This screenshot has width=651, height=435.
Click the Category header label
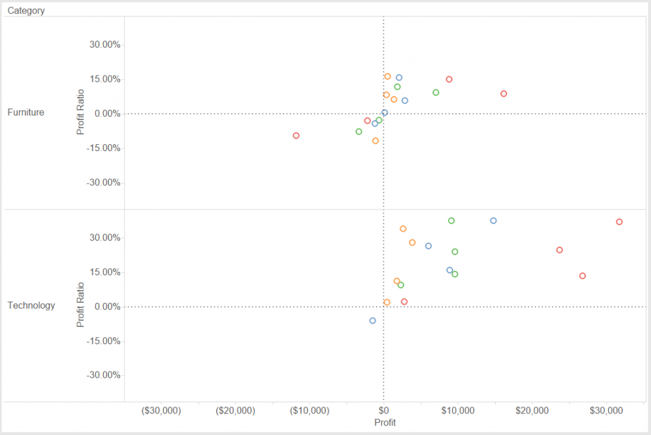pos(26,11)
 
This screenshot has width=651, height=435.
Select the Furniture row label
pos(25,112)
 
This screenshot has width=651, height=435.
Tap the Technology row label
pos(31,305)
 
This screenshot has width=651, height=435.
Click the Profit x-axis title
pos(385,422)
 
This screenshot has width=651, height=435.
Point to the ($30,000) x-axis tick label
pos(161,410)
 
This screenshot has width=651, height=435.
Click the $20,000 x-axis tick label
pos(532,410)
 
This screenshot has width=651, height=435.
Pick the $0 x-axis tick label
pos(383,410)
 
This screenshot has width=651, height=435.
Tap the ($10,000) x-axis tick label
pos(310,410)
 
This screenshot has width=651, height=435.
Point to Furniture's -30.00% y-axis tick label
pos(104,183)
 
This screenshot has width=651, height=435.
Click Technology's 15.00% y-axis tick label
pos(105,272)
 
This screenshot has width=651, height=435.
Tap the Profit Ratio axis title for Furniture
pos(80,112)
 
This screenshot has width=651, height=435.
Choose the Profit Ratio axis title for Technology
pos(80,305)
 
